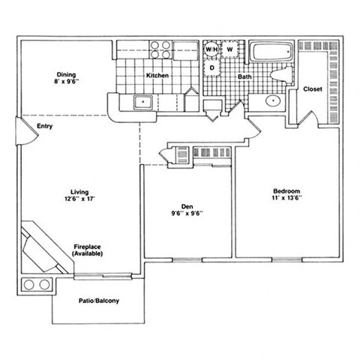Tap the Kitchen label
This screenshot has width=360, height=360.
tap(157, 76)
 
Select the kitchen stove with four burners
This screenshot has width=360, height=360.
tap(160, 49)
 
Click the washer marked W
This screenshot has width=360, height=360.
tap(230, 49)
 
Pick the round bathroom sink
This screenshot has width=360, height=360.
tap(272, 100)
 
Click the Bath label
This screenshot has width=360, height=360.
tap(245, 77)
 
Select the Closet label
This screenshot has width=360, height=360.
tap(313, 88)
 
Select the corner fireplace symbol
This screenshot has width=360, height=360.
tap(41, 247)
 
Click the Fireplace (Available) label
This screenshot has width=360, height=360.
tap(88, 250)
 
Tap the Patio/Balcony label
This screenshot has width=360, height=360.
tap(99, 301)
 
